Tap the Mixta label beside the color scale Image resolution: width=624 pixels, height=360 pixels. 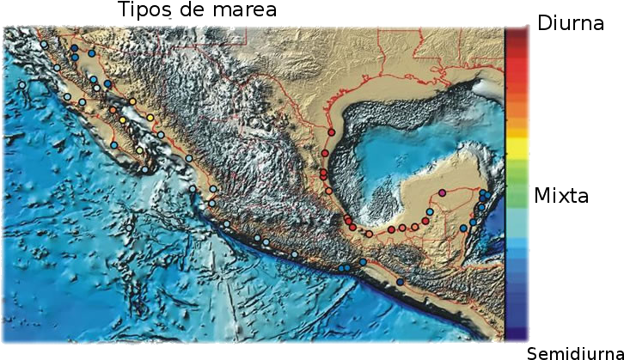pos(562,196)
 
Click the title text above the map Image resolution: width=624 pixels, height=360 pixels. pos(206,11)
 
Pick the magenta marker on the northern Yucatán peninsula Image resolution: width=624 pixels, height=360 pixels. pos(442,192)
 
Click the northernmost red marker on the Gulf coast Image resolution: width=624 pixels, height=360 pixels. pos(331,132)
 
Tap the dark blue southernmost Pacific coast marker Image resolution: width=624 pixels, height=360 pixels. pos(400,282)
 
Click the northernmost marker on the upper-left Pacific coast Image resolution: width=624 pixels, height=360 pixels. pos(44,43)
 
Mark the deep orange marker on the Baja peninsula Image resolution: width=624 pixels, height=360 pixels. pos(113,110)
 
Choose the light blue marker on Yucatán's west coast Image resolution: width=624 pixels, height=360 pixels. pos(430,211)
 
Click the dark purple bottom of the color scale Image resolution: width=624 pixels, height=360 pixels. pos(517,331)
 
